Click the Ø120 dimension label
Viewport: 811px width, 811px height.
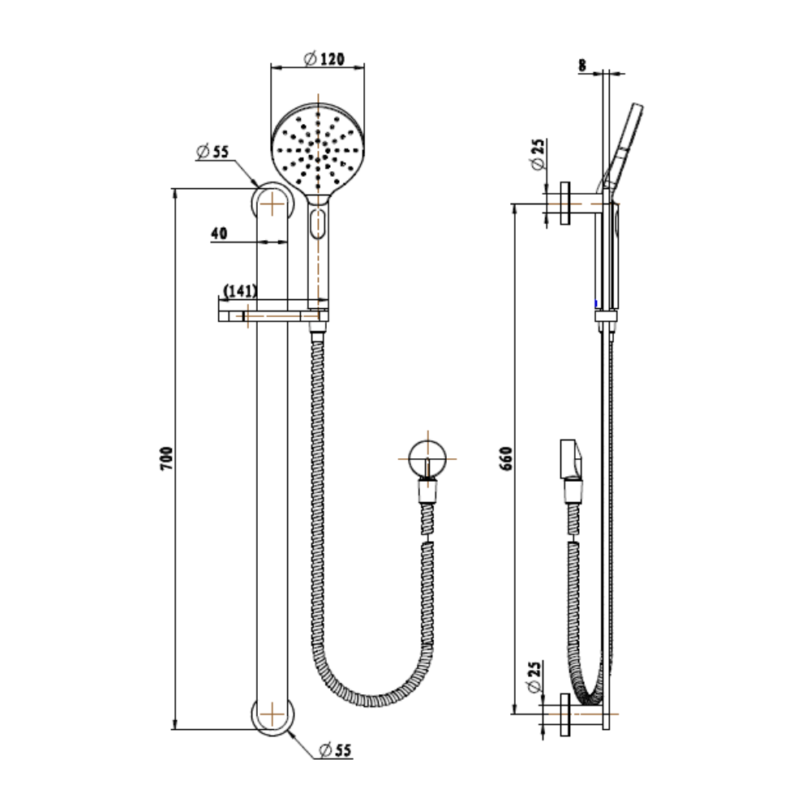[324, 58]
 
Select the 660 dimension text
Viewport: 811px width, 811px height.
[506, 458]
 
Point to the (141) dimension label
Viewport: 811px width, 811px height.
[240, 291]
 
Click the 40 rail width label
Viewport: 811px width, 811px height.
[219, 234]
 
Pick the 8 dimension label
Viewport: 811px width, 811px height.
[582, 66]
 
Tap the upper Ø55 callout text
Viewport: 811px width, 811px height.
[212, 152]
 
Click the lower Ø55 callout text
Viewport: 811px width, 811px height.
[336, 749]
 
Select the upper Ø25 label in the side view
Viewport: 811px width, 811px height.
[538, 153]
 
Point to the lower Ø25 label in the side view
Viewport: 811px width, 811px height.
[534, 676]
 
